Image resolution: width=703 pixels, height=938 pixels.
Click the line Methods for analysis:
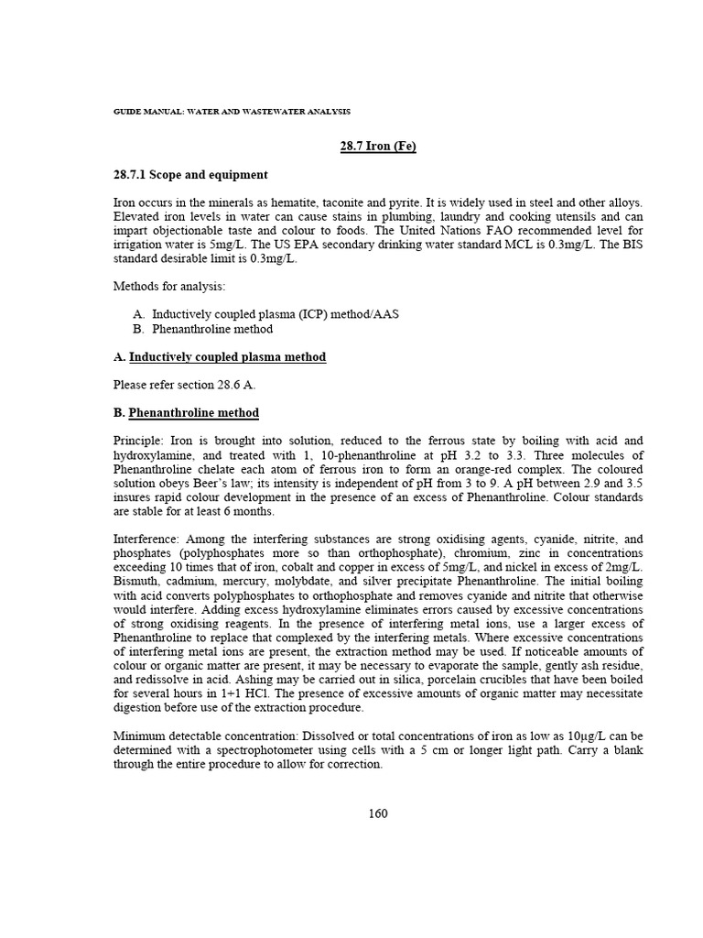click(x=162, y=287)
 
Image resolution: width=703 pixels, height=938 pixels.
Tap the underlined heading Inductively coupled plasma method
click(x=227, y=356)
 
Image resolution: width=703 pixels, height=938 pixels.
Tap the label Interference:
click(x=147, y=539)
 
